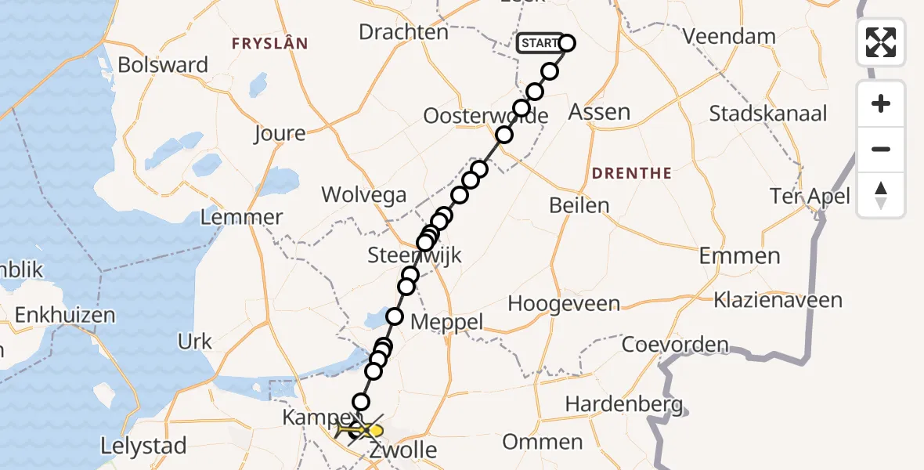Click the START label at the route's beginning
540,43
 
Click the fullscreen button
881,42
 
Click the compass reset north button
881,195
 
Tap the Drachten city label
403,32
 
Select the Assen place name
599,112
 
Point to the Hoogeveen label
564,304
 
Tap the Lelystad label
143,446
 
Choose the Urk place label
195,342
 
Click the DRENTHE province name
632,173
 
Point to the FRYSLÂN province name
269,44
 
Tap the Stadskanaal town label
767,113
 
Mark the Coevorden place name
675,345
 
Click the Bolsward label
163,64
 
